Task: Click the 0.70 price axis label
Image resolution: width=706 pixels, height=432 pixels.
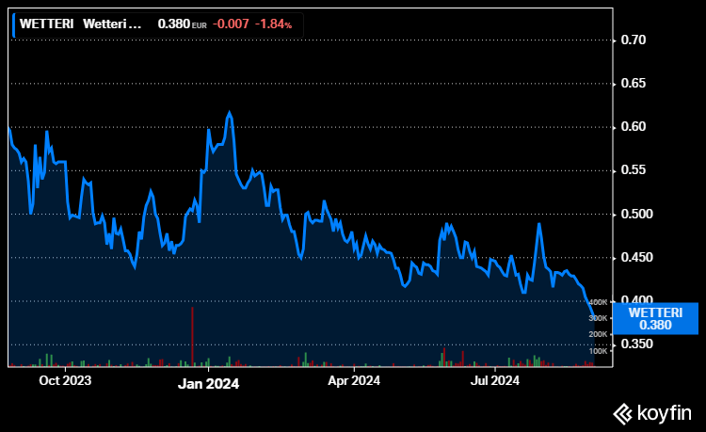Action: click(633, 40)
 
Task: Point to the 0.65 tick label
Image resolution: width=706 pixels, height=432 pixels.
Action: click(633, 84)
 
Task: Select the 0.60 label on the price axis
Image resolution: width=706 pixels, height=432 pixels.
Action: click(633, 127)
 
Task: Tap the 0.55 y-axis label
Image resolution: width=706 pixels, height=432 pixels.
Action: click(633, 170)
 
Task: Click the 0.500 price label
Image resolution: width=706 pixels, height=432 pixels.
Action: click(636, 214)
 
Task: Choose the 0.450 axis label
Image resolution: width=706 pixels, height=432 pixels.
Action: click(636, 257)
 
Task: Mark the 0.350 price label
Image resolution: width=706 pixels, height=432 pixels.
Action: click(636, 344)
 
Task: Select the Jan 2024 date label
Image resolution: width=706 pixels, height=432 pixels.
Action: click(209, 383)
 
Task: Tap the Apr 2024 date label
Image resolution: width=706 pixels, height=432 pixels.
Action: click(353, 381)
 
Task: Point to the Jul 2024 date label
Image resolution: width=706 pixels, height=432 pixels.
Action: click(495, 381)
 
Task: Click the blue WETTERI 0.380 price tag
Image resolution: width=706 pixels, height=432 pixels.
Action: click(655, 318)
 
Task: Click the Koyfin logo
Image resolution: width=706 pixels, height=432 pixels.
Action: click(652, 411)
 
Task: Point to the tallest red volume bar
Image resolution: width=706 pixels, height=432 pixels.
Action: click(192, 335)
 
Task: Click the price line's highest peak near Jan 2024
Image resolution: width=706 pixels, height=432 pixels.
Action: click(229, 112)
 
